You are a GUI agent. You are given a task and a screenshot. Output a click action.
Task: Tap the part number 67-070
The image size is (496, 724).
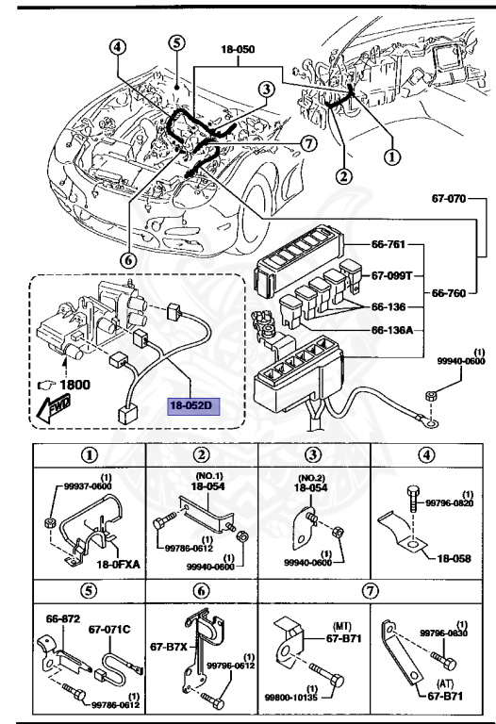451,199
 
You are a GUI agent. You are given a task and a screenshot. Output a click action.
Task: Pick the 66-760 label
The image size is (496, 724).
448,293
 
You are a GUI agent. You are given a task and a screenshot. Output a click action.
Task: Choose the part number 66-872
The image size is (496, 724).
63,619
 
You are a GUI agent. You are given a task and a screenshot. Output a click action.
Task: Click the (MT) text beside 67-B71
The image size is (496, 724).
341,625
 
